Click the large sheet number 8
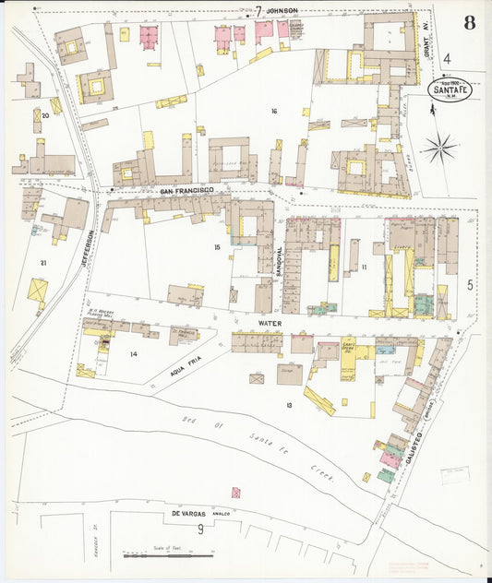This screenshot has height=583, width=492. tap(470, 23)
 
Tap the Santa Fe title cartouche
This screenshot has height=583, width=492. tap(452, 90)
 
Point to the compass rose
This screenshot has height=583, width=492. tap(441, 146)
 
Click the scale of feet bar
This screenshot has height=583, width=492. tap(169, 555)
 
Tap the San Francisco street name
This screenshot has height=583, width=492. tap(187, 190)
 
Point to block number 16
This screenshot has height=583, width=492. tap(274, 111)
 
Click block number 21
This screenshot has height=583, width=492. tap(42, 263)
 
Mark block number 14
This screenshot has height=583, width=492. tap(133, 354)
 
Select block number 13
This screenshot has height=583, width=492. tap(289, 405)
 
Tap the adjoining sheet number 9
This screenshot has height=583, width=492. tap(200, 529)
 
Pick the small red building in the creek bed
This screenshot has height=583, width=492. tap(236, 493)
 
